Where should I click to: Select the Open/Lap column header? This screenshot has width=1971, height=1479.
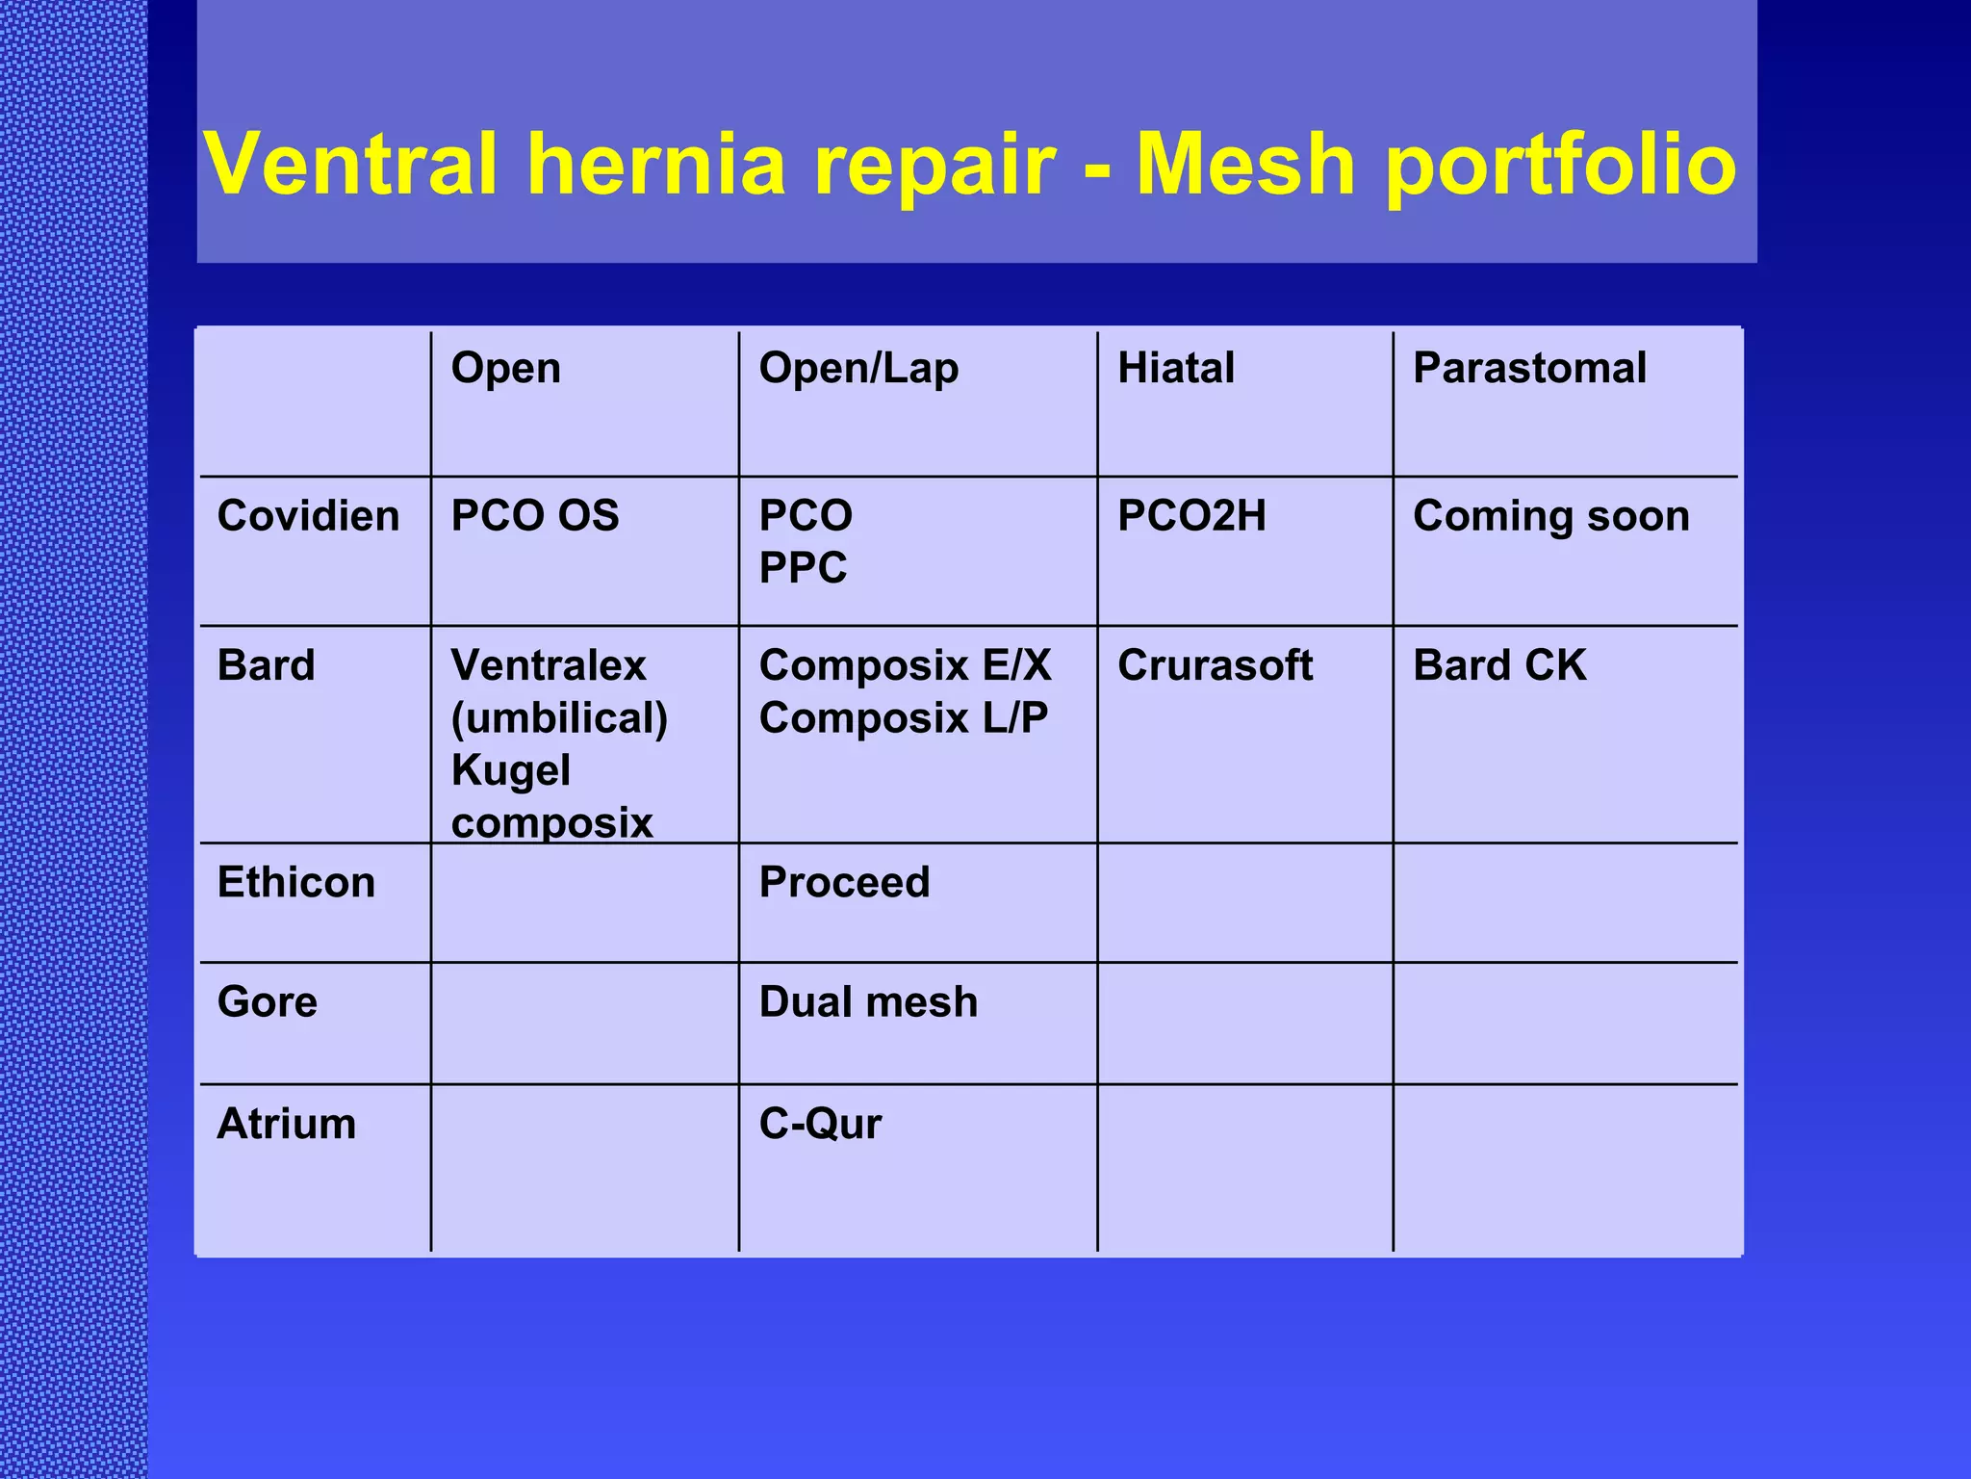click(x=858, y=369)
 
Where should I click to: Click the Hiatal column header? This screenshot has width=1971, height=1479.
click(x=1175, y=369)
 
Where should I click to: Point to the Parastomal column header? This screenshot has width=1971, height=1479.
click(x=1529, y=369)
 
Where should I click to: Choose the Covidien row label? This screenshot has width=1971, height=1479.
click(x=308, y=516)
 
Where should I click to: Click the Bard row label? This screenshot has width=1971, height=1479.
click(x=266, y=665)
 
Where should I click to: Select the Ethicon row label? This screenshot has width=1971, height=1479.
click(x=295, y=883)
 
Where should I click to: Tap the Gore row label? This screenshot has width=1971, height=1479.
click(x=267, y=1002)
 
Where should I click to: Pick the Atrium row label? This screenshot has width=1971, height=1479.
click(x=286, y=1124)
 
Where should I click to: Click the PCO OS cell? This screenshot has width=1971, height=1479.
click(x=534, y=516)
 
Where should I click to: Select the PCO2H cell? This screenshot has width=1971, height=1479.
click(x=1190, y=516)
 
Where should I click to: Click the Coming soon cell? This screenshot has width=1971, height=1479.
click(x=1550, y=516)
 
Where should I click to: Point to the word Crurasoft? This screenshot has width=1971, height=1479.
click(x=1215, y=665)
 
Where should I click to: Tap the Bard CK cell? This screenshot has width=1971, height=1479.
click(x=1498, y=665)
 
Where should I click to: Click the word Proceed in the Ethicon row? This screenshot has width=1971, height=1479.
click(x=844, y=883)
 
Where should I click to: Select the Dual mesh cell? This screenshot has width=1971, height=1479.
click(x=867, y=1002)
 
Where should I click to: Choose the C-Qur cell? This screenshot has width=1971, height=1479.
click(x=819, y=1124)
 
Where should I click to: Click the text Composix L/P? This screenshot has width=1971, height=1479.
click(x=903, y=718)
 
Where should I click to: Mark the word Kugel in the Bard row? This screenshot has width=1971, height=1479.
click(x=510, y=770)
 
